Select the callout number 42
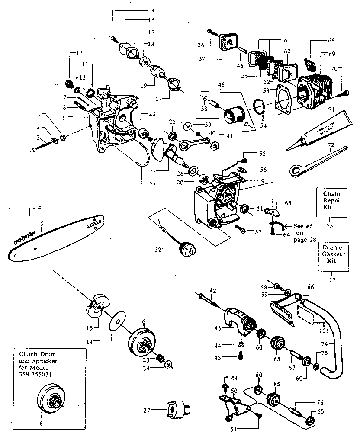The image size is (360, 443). point(212,290)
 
